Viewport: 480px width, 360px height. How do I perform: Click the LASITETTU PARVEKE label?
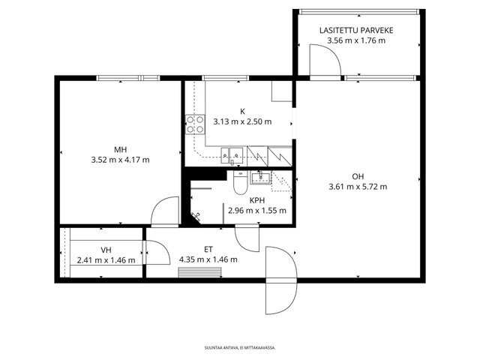pos(356,30)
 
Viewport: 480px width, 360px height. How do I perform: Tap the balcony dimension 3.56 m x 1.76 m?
pos(356,40)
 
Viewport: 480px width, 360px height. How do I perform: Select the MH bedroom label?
pos(120,150)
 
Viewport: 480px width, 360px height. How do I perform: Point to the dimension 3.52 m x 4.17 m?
pos(120,160)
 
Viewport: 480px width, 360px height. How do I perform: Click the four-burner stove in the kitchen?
pos(195,124)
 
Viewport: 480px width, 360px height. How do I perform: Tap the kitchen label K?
pos(242,112)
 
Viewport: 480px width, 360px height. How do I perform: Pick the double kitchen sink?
pos(232,155)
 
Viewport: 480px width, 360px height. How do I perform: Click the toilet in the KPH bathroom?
pos(241,182)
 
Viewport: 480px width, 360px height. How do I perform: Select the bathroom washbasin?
pos(261,178)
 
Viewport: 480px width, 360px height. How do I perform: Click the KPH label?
pos(257,200)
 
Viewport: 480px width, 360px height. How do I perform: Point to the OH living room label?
pos(358,176)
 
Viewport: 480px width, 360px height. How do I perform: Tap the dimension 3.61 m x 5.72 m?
pos(358,187)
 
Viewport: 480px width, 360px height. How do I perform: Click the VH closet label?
pos(106,250)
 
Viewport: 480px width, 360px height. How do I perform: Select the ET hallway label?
pos(208,250)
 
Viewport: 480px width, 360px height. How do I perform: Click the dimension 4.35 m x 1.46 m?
pos(208,259)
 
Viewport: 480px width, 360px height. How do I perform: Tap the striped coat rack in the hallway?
pos(200,272)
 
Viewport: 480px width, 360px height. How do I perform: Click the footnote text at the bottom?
pos(240,348)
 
